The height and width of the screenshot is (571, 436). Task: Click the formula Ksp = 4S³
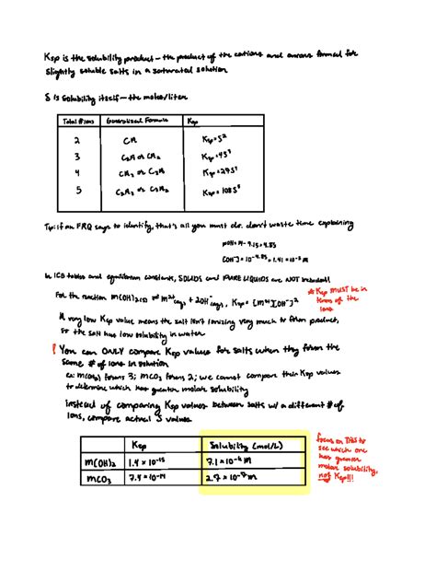pos(213,157)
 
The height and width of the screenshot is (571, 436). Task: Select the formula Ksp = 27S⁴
pos(215,173)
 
